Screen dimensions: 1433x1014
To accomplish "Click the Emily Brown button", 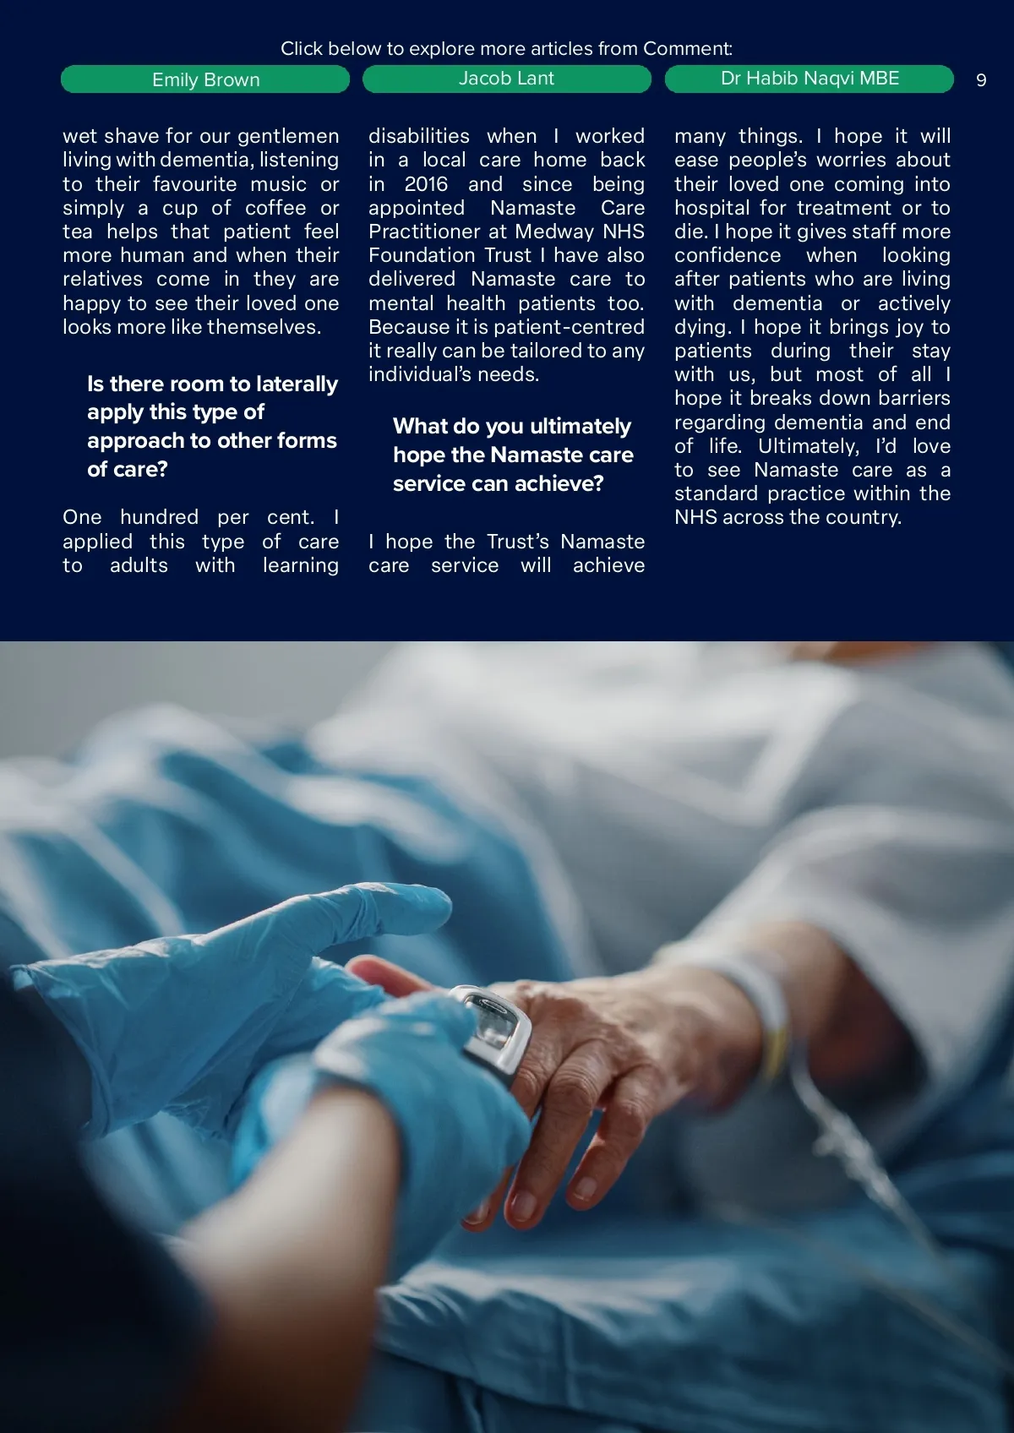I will tap(205, 79).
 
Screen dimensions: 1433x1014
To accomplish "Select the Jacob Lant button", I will tap(506, 79).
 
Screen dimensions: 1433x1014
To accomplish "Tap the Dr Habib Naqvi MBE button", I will tap(810, 79).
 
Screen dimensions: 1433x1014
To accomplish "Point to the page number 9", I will tap(981, 80).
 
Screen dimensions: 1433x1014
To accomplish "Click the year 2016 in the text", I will tap(426, 184).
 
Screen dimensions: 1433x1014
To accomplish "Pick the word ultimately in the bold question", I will tap(580, 427).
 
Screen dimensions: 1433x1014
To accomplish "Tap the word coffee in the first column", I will tap(275, 208).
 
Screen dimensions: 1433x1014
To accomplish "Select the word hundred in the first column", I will tap(159, 517).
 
